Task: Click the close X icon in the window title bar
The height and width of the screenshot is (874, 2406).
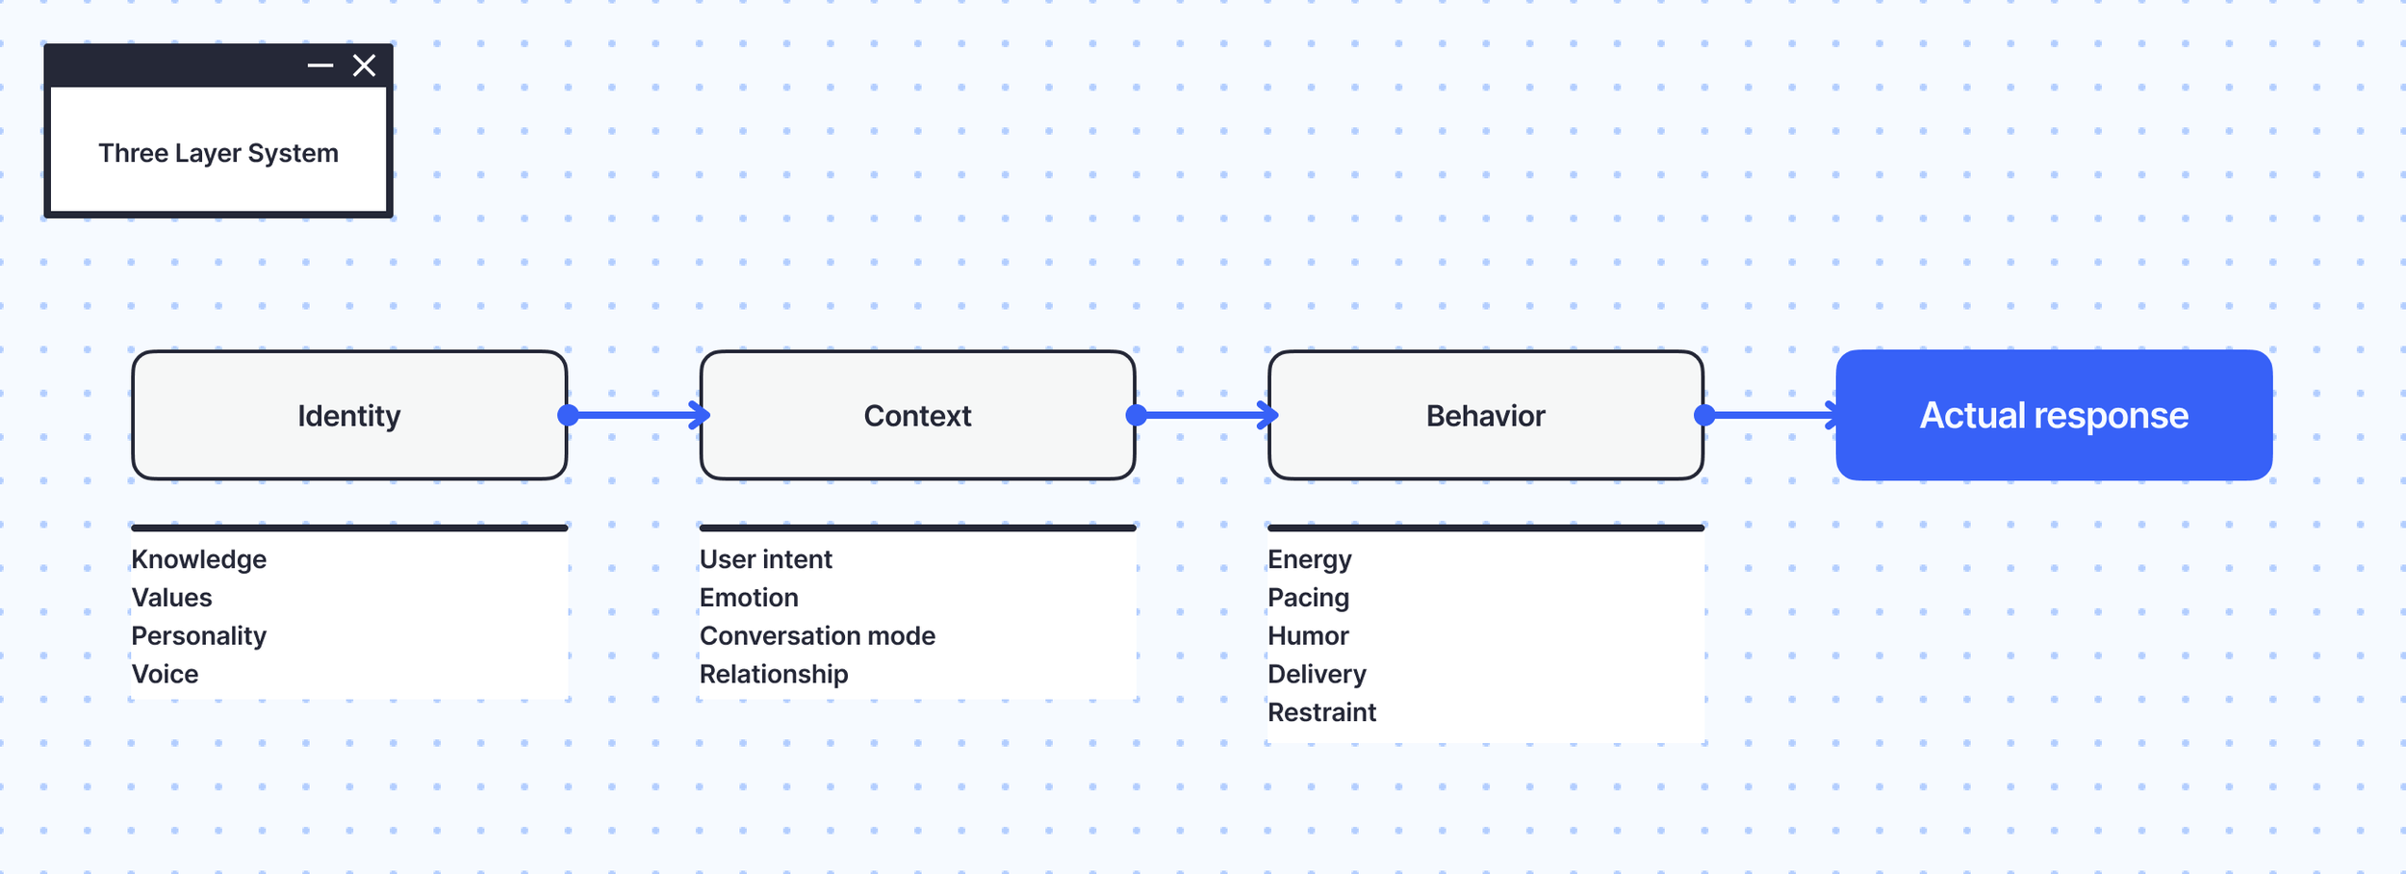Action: (x=364, y=65)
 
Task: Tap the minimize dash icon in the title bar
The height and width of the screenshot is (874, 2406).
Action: (x=320, y=65)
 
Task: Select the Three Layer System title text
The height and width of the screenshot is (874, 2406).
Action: (x=218, y=153)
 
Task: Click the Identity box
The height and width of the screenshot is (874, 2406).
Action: (x=349, y=415)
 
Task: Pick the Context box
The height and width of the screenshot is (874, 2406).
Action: (x=918, y=415)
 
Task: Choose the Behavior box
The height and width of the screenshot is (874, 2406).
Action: (x=1486, y=415)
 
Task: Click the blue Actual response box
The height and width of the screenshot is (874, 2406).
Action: (x=2054, y=415)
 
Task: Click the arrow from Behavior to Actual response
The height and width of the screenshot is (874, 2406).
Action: (x=1771, y=415)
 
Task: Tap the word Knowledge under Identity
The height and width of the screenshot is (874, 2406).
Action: (x=199, y=559)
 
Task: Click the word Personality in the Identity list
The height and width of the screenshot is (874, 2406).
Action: (x=199, y=636)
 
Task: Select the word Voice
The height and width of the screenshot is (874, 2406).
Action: (x=166, y=674)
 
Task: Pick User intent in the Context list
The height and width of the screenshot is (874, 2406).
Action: (x=766, y=559)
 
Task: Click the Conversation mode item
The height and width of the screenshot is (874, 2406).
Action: (x=818, y=636)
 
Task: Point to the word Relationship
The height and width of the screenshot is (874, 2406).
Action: (x=774, y=675)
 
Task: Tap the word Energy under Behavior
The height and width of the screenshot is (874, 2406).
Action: (x=1310, y=560)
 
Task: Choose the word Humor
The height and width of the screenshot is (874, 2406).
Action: (x=1309, y=636)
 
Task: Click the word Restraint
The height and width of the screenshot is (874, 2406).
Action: (x=1322, y=712)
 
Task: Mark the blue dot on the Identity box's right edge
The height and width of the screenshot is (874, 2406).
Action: (x=569, y=415)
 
